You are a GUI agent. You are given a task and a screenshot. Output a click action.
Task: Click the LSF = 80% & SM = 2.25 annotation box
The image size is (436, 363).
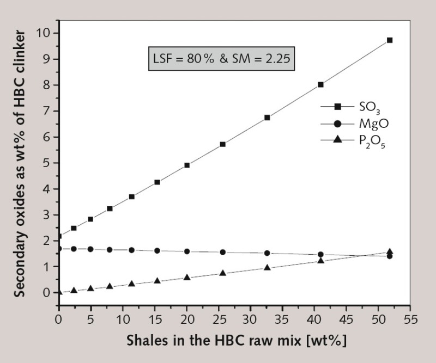coord(222,58)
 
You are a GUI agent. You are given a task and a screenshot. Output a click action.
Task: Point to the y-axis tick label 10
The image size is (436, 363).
coord(43,33)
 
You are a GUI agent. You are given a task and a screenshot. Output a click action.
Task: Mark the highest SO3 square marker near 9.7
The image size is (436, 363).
coord(390,40)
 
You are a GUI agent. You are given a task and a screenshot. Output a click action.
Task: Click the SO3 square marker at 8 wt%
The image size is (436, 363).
coord(321,84)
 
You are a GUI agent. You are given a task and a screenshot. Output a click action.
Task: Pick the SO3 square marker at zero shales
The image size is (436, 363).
coord(59,236)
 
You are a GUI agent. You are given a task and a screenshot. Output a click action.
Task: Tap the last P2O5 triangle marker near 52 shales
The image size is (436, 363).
coord(390,252)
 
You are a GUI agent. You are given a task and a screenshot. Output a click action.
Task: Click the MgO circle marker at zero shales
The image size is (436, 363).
coord(59,249)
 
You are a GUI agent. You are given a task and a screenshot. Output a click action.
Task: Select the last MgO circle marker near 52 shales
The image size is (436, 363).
coord(390,256)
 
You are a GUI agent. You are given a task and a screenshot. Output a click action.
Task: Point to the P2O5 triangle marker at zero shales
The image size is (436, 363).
coord(59,292)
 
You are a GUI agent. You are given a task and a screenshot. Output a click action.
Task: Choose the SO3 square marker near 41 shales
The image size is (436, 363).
coord(321,84)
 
